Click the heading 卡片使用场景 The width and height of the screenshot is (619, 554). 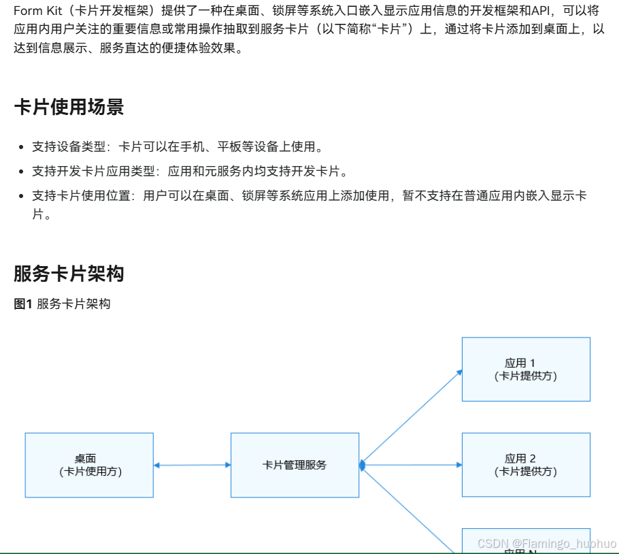point(69,108)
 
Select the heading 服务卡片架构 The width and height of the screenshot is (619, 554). point(69,274)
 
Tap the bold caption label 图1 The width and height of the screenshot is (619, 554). point(23,304)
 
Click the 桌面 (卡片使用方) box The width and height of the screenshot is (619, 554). point(89,465)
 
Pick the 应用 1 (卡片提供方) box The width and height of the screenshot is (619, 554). point(526,369)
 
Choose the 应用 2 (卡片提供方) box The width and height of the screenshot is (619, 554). point(526,464)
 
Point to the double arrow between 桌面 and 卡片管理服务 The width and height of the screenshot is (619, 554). point(193,466)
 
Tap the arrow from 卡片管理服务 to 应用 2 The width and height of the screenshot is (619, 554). point(412,465)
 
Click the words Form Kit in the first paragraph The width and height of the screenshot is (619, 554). point(31,11)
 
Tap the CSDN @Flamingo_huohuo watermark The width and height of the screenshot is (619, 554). point(546,544)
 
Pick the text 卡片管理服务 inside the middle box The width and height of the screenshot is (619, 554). point(295,466)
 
